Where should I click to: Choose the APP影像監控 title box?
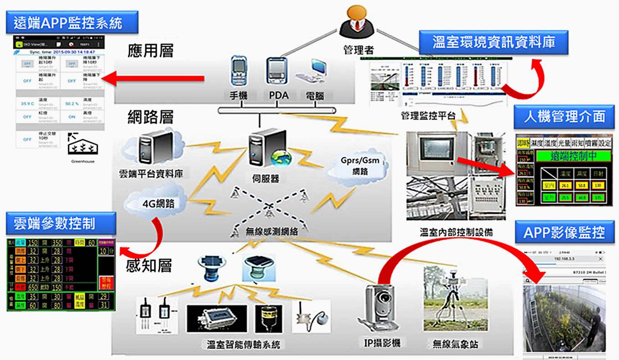(564, 233)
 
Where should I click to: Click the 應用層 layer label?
(151, 50)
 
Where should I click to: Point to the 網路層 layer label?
(151, 118)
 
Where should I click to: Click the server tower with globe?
(266, 150)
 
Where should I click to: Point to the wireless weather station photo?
(455, 299)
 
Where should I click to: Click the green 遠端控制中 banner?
(573, 157)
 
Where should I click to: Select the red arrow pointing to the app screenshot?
(153, 79)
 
